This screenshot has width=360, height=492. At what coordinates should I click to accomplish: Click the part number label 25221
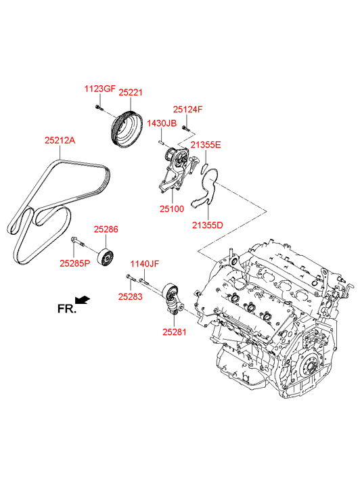[x=130, y=93]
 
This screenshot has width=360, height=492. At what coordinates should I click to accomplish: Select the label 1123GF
[x=99, y=89]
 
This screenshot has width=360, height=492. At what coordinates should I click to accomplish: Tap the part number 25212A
[x=60, y=140]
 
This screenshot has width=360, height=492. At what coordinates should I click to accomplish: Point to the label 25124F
[x=187, y=110]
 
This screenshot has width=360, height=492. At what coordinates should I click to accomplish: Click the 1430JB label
[x=162, y=123]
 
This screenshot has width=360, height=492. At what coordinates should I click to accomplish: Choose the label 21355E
[x=206, y=145]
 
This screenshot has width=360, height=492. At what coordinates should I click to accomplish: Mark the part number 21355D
[x=208, y=225]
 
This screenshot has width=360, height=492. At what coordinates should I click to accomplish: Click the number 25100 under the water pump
[x=172, y=208]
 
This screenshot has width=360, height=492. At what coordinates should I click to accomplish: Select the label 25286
[x=106, y=229]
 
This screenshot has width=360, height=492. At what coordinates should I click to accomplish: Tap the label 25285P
[x=74, y=263]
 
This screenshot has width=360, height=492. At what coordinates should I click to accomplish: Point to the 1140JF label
[x=145, y=264]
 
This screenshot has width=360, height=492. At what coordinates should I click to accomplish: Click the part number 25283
[x=130, y=296]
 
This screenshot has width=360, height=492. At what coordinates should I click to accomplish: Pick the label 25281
[x=174, y=332]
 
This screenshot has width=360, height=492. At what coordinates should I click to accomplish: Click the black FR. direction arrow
[x=83, y=300]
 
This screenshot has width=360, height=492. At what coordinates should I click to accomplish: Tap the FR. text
[x=67, y=309]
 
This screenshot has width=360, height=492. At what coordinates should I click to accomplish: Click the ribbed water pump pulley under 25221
[x=127, y=129]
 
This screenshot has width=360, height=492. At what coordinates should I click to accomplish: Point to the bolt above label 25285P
[x=78, y=242]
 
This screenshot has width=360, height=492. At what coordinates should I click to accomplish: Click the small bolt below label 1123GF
[x=99, y=108]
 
